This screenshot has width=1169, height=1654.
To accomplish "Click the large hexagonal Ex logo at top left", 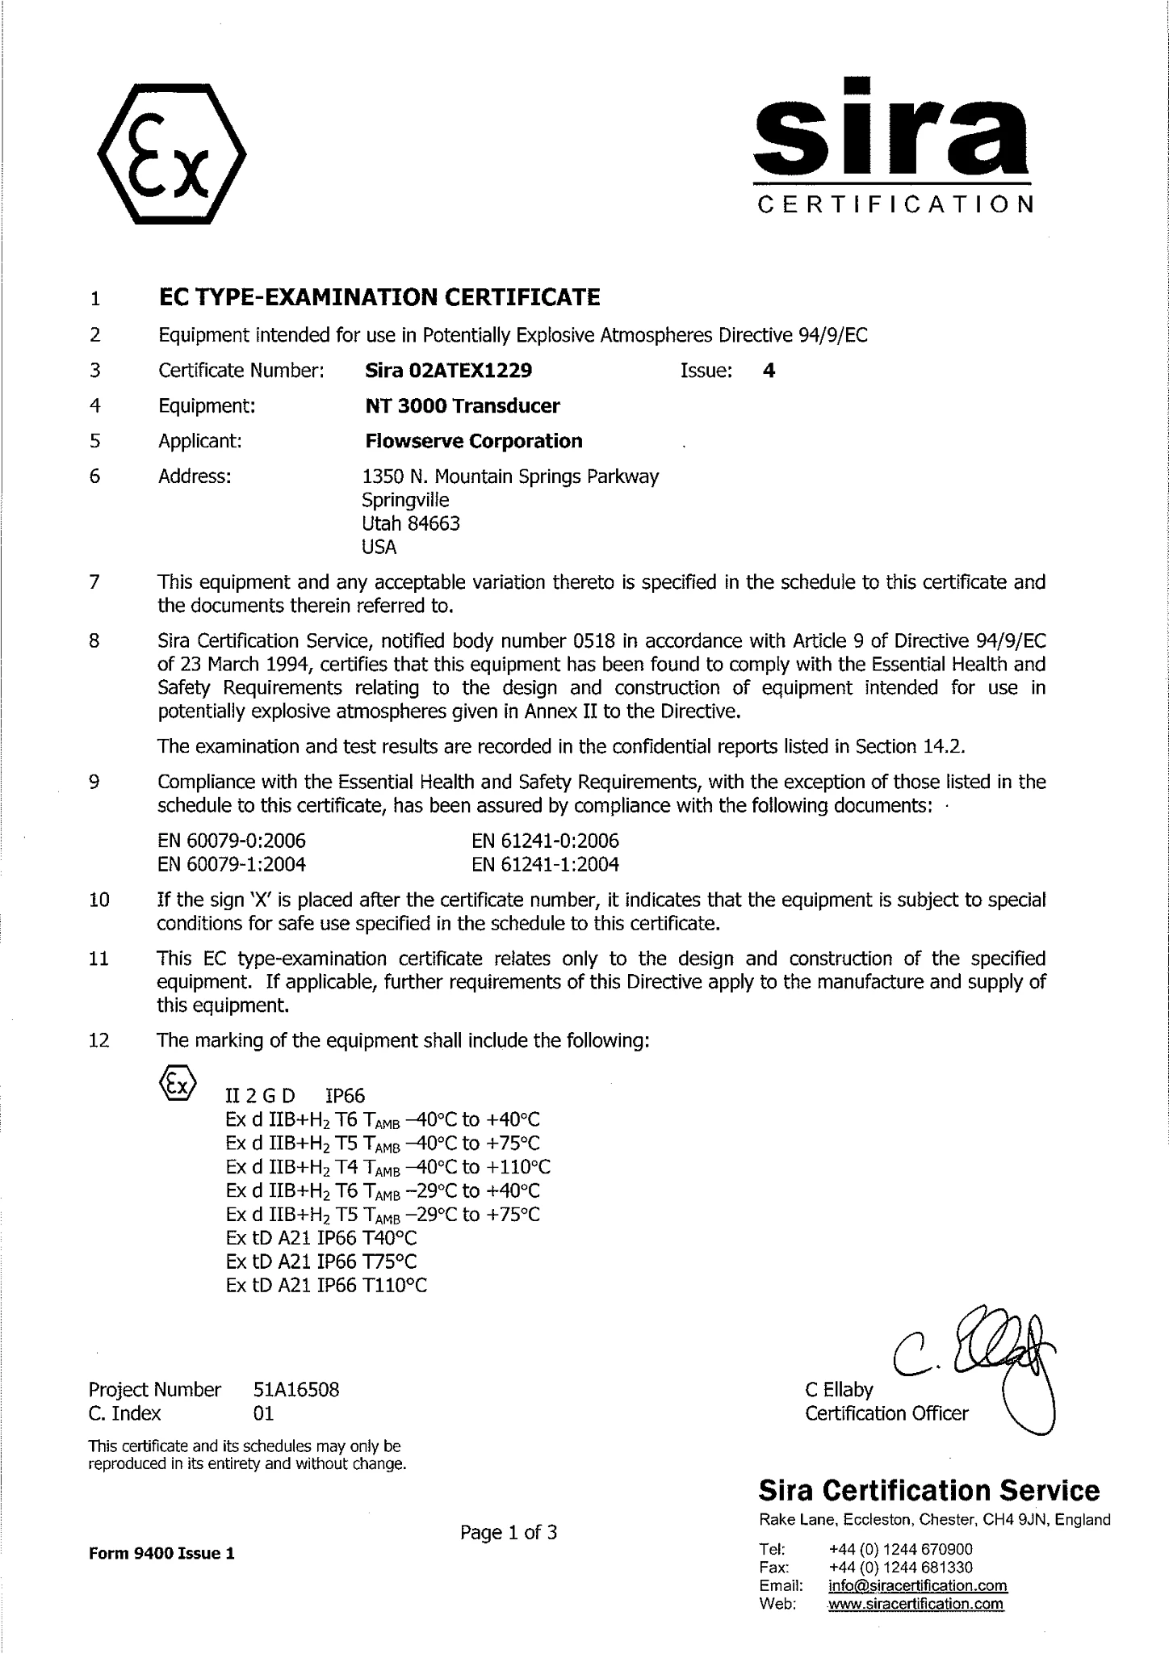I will click(x=171, y=153).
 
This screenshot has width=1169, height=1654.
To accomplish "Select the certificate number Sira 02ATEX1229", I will click(x=448, y=371).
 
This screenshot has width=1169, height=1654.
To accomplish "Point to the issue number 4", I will click(x=769, y=371).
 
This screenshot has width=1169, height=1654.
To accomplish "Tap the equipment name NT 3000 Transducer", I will click(x=462, y=405).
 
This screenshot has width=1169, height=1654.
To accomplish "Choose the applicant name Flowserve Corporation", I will click(x=473, y=441).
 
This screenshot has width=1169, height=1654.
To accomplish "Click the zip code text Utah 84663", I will click(x=411, y=523).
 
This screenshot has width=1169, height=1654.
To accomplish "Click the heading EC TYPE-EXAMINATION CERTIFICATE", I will click(x=379, y=298).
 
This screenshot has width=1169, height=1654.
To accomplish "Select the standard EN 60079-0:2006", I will click(x=232, y=841).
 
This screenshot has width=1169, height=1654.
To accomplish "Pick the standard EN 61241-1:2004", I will click(x=545, y=864).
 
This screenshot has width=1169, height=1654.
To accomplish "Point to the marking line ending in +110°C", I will click(x=388, y=1167).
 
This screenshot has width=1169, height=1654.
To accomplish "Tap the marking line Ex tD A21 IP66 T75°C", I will click(x=321, y=1261).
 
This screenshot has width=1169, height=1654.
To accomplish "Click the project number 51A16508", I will click(x=295, y=1389).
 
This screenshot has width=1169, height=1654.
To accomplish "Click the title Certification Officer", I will click(x=886, y=1413).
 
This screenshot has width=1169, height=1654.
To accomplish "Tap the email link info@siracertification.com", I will click(x=917, y=1585).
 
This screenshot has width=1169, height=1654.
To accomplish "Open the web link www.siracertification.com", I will click(x=916, y=1603).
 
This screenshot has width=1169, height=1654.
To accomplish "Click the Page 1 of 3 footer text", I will click(x=509, y=1532).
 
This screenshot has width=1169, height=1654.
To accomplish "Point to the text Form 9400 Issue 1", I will click(x=161, y=1553).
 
